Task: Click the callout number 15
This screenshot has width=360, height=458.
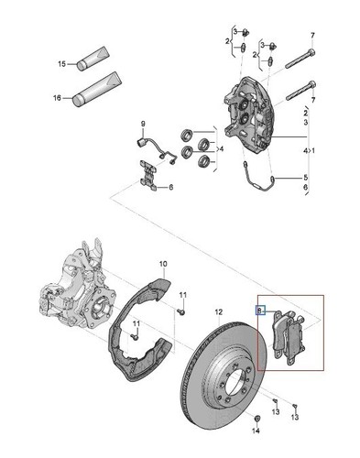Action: tap(61, 64)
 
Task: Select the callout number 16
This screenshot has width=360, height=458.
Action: tap(57, 98)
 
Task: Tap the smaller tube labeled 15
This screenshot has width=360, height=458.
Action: tap(93, 59)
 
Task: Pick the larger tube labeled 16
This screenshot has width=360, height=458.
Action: tap(97, 89)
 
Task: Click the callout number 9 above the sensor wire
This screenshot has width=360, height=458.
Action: tap(143, 124)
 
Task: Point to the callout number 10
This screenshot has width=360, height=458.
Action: tap(163, 264)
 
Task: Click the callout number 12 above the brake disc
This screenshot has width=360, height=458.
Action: tap(219, 312)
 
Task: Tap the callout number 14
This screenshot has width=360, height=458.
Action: tap(256, 431)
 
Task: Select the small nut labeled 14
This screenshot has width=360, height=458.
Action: tap(257, 418)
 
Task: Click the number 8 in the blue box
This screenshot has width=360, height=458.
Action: tap(259, 311)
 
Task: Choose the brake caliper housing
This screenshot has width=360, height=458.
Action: tap(247, 112)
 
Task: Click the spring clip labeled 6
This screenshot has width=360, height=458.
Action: tap(148, 175)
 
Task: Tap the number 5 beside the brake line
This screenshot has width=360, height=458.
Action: tap(306, 178)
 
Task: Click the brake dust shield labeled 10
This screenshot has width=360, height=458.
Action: tap(140, 330)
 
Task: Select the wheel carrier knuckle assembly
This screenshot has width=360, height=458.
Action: tap(79, 290)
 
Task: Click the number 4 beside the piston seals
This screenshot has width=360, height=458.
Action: tap(222, 149)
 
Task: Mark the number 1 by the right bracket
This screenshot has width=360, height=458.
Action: tap(312, 150)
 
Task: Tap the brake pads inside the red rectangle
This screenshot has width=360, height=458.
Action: tap(288, 336)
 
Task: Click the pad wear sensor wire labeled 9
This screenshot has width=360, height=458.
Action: tap(157, 150)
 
